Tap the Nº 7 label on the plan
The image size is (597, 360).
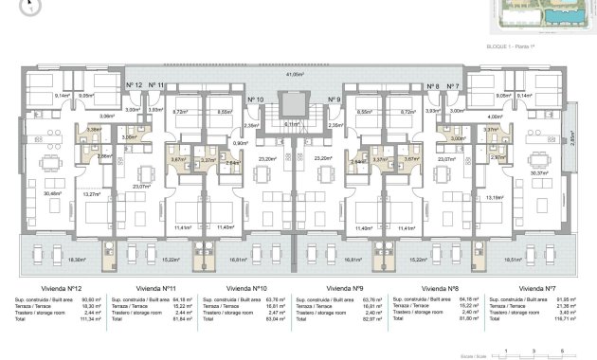click(452, 85)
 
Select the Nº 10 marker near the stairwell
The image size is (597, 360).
click(255, 99)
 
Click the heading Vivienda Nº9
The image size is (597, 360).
click(345, 287)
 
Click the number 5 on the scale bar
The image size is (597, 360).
click(564, 350)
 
